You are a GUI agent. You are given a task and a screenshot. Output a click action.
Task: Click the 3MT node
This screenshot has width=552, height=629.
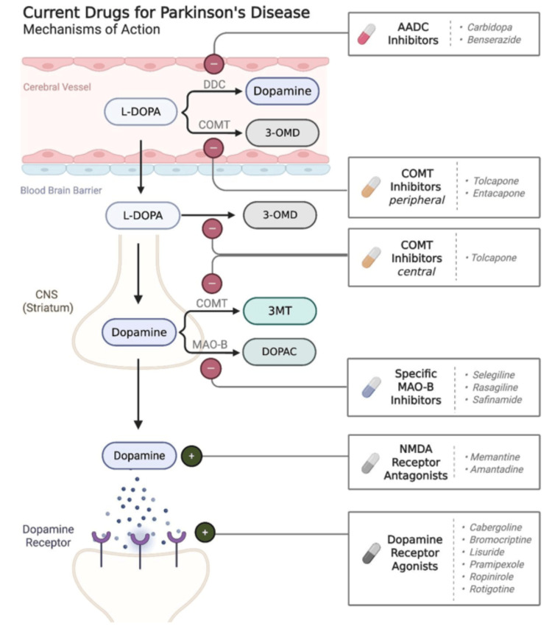(x=280, y=311)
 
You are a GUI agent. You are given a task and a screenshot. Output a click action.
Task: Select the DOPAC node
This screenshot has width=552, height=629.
(x=279, y=352)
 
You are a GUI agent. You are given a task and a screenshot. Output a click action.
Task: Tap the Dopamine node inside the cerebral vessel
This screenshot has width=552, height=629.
(x=282, y=91)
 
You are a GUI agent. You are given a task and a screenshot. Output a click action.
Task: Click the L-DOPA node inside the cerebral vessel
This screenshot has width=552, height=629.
(x=141, y=111)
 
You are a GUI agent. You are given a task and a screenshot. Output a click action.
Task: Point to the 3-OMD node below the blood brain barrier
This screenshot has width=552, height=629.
(x=280, y=215)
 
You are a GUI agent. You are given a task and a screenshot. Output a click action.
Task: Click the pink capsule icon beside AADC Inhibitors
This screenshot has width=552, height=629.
(x=367, y=34)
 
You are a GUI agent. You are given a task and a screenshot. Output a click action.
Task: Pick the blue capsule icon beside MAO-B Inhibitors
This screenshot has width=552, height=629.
(x=371, y=387)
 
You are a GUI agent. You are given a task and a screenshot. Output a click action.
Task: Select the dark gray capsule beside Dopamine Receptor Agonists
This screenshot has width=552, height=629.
(x=371, y=553)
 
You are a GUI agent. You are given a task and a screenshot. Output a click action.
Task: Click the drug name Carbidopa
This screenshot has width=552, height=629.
(x=489, y=27)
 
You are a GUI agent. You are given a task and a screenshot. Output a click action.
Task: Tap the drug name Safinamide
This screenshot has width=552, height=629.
(x=497, y=399)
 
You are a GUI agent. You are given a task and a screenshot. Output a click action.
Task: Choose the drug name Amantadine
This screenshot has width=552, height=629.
(x=497, y=469)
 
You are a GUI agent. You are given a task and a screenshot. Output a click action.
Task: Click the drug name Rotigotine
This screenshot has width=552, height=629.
(x=492, y=589)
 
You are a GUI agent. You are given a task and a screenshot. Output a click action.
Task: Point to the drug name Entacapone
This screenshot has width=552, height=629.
(x=499, y=194)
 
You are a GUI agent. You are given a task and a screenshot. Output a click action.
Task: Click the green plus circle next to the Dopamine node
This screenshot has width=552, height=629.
(x=191, y=456)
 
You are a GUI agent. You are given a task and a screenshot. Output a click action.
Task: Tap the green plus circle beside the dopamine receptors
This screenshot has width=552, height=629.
(x=205, y=533)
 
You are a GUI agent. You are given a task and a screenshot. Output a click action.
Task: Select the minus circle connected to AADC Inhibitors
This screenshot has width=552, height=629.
(x=214, y=64)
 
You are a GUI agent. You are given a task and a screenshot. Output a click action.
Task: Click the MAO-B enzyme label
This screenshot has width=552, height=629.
(x=210, y=345)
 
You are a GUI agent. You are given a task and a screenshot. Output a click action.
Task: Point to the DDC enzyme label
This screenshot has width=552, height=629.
(x=214, y=85)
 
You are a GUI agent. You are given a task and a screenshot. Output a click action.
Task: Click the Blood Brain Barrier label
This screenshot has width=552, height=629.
(x=61, y=190)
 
